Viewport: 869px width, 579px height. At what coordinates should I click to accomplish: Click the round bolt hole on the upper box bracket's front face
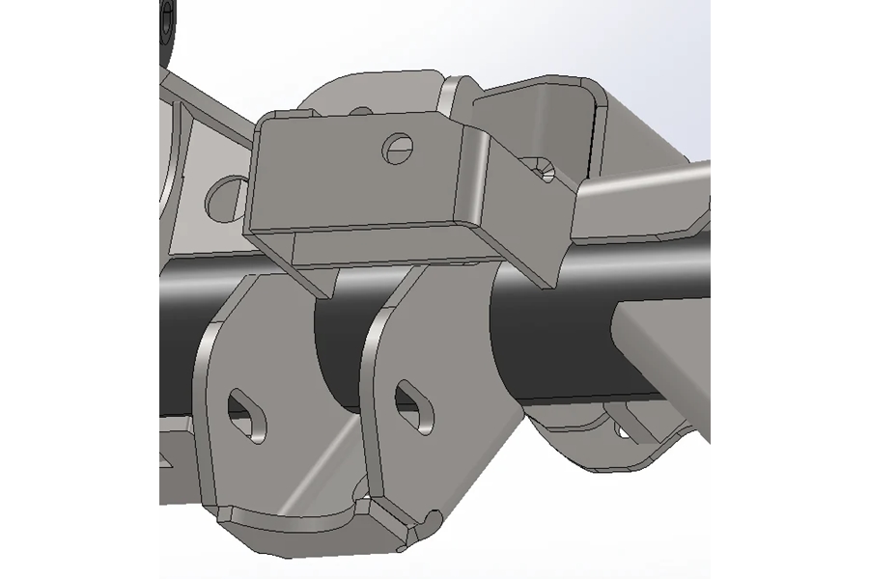click(x=396, y=148)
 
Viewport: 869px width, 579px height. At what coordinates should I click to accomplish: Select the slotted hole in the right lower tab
click(x=412, y=405)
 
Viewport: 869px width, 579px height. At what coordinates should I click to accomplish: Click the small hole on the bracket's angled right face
click(x=546, y=173)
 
